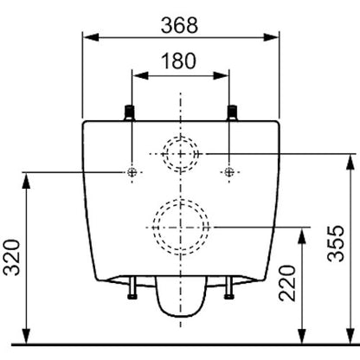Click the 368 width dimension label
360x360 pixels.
[179, 25]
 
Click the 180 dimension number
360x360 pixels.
[178, 61]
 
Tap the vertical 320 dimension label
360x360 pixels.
[12, 257]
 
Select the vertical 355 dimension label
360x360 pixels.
[336, 244]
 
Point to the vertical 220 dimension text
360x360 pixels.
[287, 283]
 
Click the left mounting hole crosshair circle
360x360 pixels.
[132, 172]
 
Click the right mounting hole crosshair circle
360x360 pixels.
[229, 172]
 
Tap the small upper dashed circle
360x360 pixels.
[181, 137]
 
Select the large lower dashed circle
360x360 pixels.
[181, 200]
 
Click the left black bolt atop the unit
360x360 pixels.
[130, 112]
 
